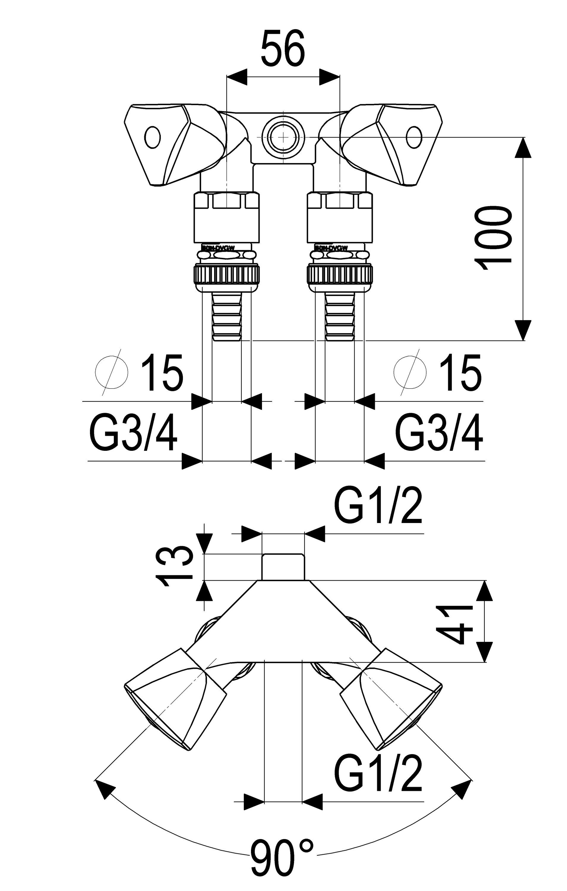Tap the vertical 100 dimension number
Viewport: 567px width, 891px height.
click(x=493, y=239)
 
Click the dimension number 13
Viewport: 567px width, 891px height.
click(x=175, y=566)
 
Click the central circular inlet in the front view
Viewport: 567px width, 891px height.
click(x=283, y=137)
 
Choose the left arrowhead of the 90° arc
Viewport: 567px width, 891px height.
click(x=103, y=787)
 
